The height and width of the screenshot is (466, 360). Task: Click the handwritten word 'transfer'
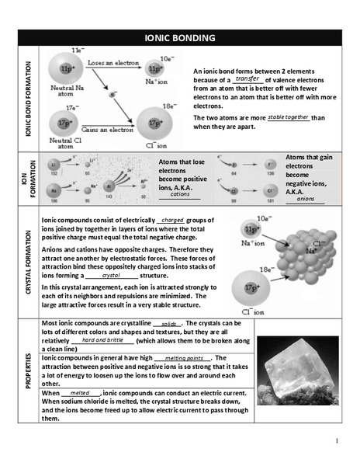(247, 78)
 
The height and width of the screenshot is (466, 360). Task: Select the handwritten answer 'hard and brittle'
(102, 340)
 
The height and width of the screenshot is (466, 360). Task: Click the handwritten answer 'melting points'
(183, 358)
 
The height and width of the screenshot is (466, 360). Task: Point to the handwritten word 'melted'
(80, 394)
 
